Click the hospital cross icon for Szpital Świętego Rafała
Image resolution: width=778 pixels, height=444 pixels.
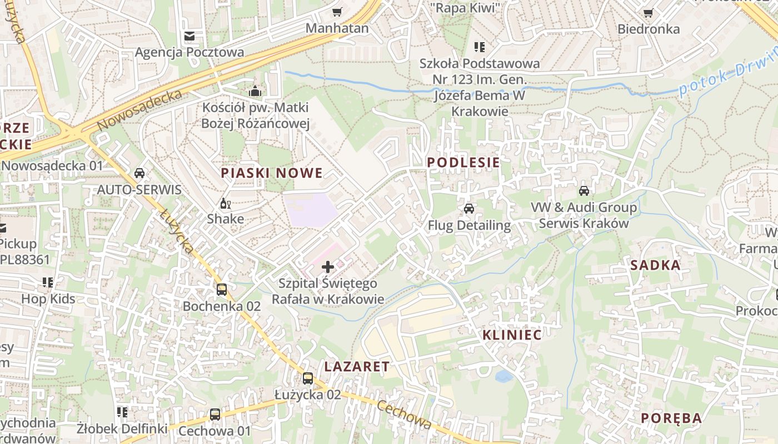point(328,267)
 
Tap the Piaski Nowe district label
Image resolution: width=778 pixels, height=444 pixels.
point(272,173)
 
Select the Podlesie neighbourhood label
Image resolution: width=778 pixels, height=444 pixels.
point(463,163)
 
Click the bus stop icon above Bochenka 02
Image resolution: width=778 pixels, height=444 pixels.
point(222,290)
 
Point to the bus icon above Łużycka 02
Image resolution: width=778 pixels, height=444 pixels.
point(307,379)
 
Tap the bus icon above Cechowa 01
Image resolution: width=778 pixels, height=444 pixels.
point(215,414)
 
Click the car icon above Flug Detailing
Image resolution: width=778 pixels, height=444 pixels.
point(469,209)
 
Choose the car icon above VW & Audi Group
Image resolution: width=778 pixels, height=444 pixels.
point(584,191)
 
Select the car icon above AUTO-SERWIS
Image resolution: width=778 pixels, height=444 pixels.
point(139,173)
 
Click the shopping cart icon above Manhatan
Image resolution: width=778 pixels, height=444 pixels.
point(337,12)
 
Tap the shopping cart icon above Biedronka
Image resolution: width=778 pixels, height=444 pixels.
point(648,13)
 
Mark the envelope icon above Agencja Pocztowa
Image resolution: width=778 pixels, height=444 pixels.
point(189,36)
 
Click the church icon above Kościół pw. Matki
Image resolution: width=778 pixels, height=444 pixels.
point(256,90)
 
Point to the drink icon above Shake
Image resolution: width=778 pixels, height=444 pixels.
point(225,203)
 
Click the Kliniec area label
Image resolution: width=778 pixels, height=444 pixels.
point(512,335)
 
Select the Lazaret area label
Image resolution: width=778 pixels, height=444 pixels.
point(357,366)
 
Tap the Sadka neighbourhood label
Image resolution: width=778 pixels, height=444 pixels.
point(656,265)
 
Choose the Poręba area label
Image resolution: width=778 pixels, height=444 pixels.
point(671,418)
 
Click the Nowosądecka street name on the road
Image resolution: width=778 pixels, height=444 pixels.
point(139,110)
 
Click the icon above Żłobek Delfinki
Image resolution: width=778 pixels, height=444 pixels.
point(122,412)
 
